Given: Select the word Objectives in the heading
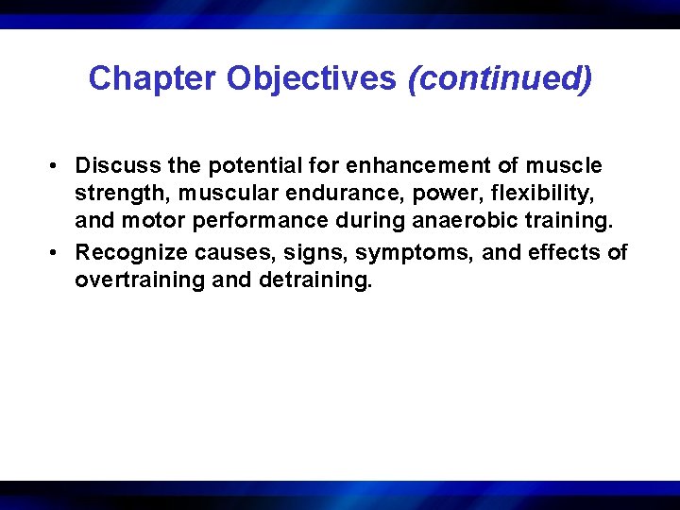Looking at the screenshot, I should [312, 78].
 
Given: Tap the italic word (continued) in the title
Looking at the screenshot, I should [500, 78].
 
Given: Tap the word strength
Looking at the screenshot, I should [115, 195].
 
